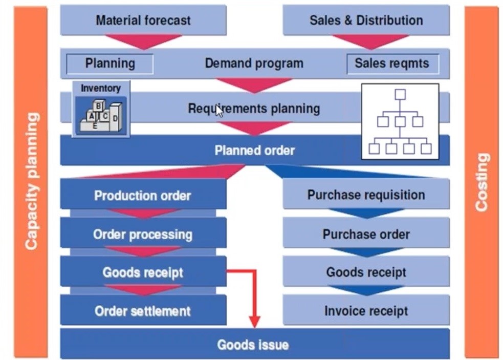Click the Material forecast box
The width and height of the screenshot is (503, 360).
[x=143, y=20]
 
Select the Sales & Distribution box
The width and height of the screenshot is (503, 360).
[x=366, y=20]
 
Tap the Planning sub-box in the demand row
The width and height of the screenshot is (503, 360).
[x=110, y=63]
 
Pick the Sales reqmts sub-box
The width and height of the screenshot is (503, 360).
[x=392, y=64]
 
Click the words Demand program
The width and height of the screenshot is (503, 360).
[x=254, y=63]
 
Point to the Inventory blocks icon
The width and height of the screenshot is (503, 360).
[x=100, y=114]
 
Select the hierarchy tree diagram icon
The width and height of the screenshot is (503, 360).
[x=400, y=121]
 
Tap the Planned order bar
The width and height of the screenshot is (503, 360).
[x=254, y=151]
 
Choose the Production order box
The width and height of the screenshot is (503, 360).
[x=143, y=195]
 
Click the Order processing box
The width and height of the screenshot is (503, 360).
[x=143, y=234]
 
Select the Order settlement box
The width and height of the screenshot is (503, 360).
[x=143, y=311]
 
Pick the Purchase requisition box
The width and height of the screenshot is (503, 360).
[x=366, y=195]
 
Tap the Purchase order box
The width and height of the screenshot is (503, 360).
[x=366, y=234]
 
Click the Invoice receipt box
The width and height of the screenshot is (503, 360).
[x=366, y=311]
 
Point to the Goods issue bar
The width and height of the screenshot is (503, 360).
[x=254, y=344]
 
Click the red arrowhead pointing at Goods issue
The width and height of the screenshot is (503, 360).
[x=254, y=322]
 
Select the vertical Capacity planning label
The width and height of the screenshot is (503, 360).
[x=31, y=182]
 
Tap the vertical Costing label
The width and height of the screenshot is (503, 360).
[x=482, y=182]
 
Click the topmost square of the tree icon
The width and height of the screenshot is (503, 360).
[x=400, y=94]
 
